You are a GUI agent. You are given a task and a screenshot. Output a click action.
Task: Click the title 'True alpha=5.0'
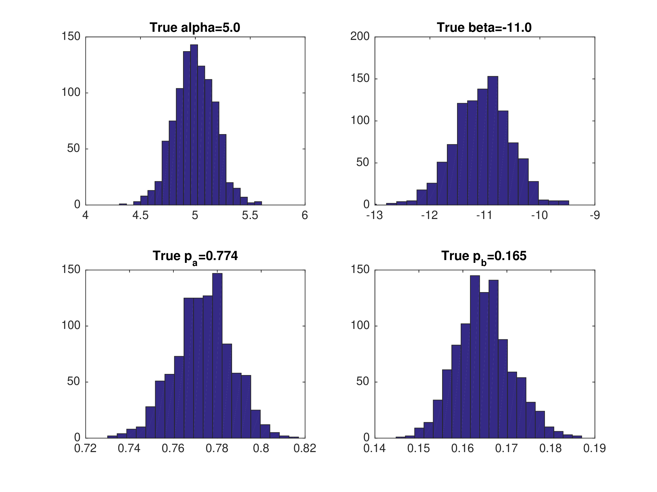pos(195,28)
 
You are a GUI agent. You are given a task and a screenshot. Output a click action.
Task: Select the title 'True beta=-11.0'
pos(484,28)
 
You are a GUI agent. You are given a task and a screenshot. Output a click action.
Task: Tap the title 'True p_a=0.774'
pos(195,256)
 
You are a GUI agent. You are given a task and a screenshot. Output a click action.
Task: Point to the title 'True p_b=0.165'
pos(484,256)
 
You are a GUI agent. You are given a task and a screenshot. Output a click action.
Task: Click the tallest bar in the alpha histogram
pos(194,125)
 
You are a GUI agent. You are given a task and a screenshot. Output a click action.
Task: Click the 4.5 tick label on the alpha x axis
pos(140,216)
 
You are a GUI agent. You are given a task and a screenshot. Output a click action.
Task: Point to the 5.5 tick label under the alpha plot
pos(250,216)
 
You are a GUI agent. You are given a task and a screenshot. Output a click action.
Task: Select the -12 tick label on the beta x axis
pos(429,216)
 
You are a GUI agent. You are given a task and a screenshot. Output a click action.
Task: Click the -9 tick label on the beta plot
pos(595,216)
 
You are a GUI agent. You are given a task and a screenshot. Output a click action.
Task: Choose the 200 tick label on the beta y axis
pos(360,37)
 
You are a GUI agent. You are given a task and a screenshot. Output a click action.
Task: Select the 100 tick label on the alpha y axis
pos(71,92)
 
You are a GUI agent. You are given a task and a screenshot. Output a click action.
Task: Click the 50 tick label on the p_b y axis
pos(363,382)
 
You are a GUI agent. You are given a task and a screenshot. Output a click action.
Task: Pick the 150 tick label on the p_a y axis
pos(71,270)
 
